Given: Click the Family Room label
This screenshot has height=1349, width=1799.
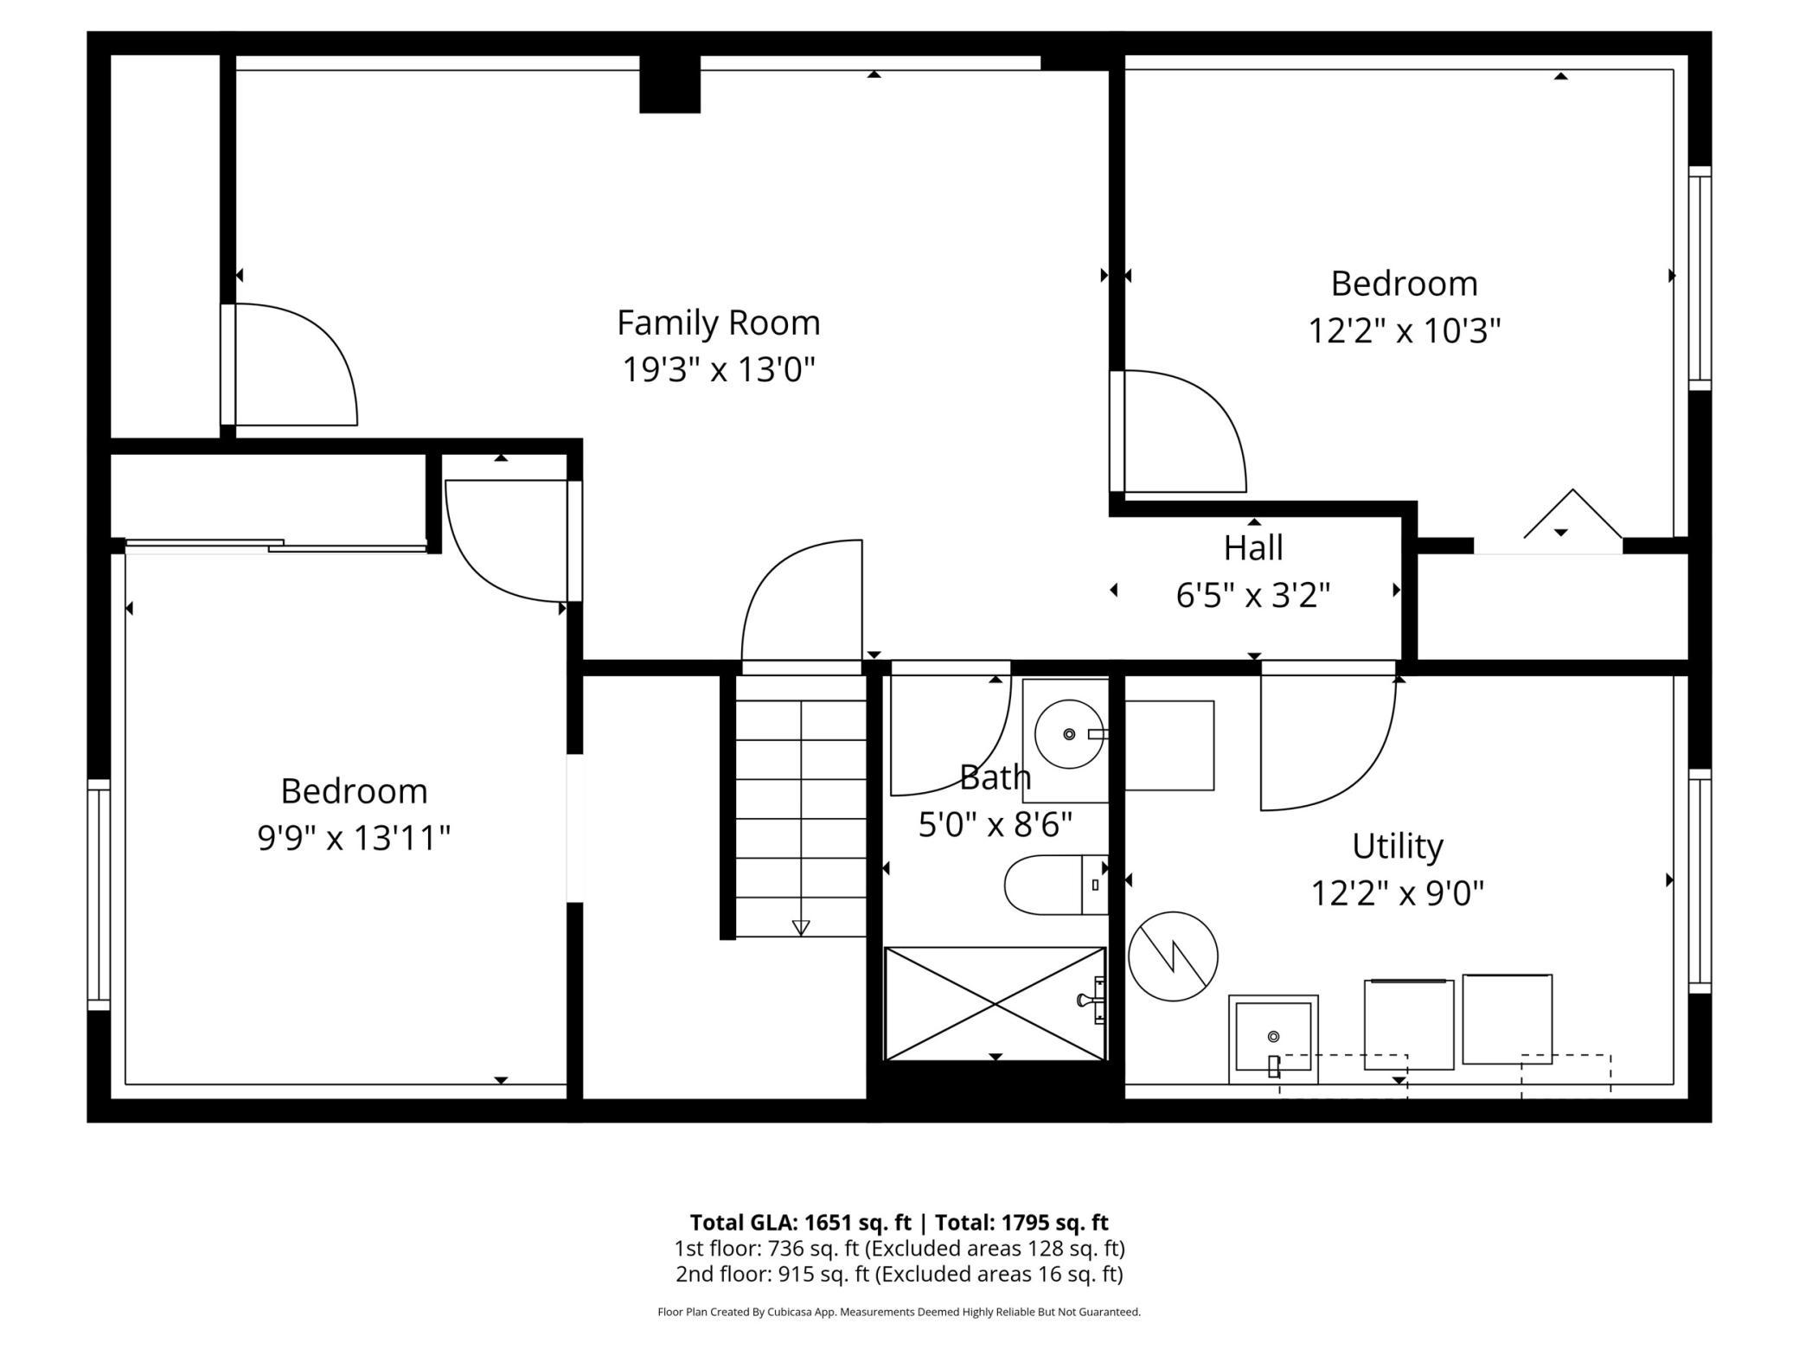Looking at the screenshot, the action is [718, 323].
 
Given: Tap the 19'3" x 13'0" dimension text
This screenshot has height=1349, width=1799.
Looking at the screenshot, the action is [719, 370].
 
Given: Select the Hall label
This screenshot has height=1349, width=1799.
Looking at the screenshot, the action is [1253, 547].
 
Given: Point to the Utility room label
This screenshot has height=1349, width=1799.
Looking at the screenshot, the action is [1398, 847].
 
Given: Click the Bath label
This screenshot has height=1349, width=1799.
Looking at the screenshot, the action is [996, 777].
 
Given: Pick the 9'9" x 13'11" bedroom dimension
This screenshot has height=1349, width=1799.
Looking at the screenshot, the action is [354, 838].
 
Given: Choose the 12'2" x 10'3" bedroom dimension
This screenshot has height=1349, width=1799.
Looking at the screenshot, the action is [1404, 330].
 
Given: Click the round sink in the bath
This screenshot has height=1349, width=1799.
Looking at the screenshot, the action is [1069, 734].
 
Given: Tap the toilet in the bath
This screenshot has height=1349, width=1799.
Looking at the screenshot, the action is [1055, 885].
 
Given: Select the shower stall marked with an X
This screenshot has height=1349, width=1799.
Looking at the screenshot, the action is [995, 1004].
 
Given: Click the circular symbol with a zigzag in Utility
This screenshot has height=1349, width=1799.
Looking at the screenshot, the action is [1173, 956].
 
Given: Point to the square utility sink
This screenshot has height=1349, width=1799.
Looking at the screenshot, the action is [1273, 1039].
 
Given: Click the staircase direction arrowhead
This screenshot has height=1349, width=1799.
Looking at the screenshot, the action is [801, 928].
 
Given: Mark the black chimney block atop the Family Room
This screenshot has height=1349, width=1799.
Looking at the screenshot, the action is [669, 84].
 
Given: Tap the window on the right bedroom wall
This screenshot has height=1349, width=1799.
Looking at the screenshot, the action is [1700, 278].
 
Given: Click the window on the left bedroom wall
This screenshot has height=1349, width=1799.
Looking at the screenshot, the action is [99, 895].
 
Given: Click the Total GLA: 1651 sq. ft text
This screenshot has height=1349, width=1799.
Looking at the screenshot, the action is [800, 1222].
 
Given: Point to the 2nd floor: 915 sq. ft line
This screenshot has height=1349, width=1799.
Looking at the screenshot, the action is [899, 1274].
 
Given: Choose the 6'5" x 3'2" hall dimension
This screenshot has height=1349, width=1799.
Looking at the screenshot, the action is [1253, 595].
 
